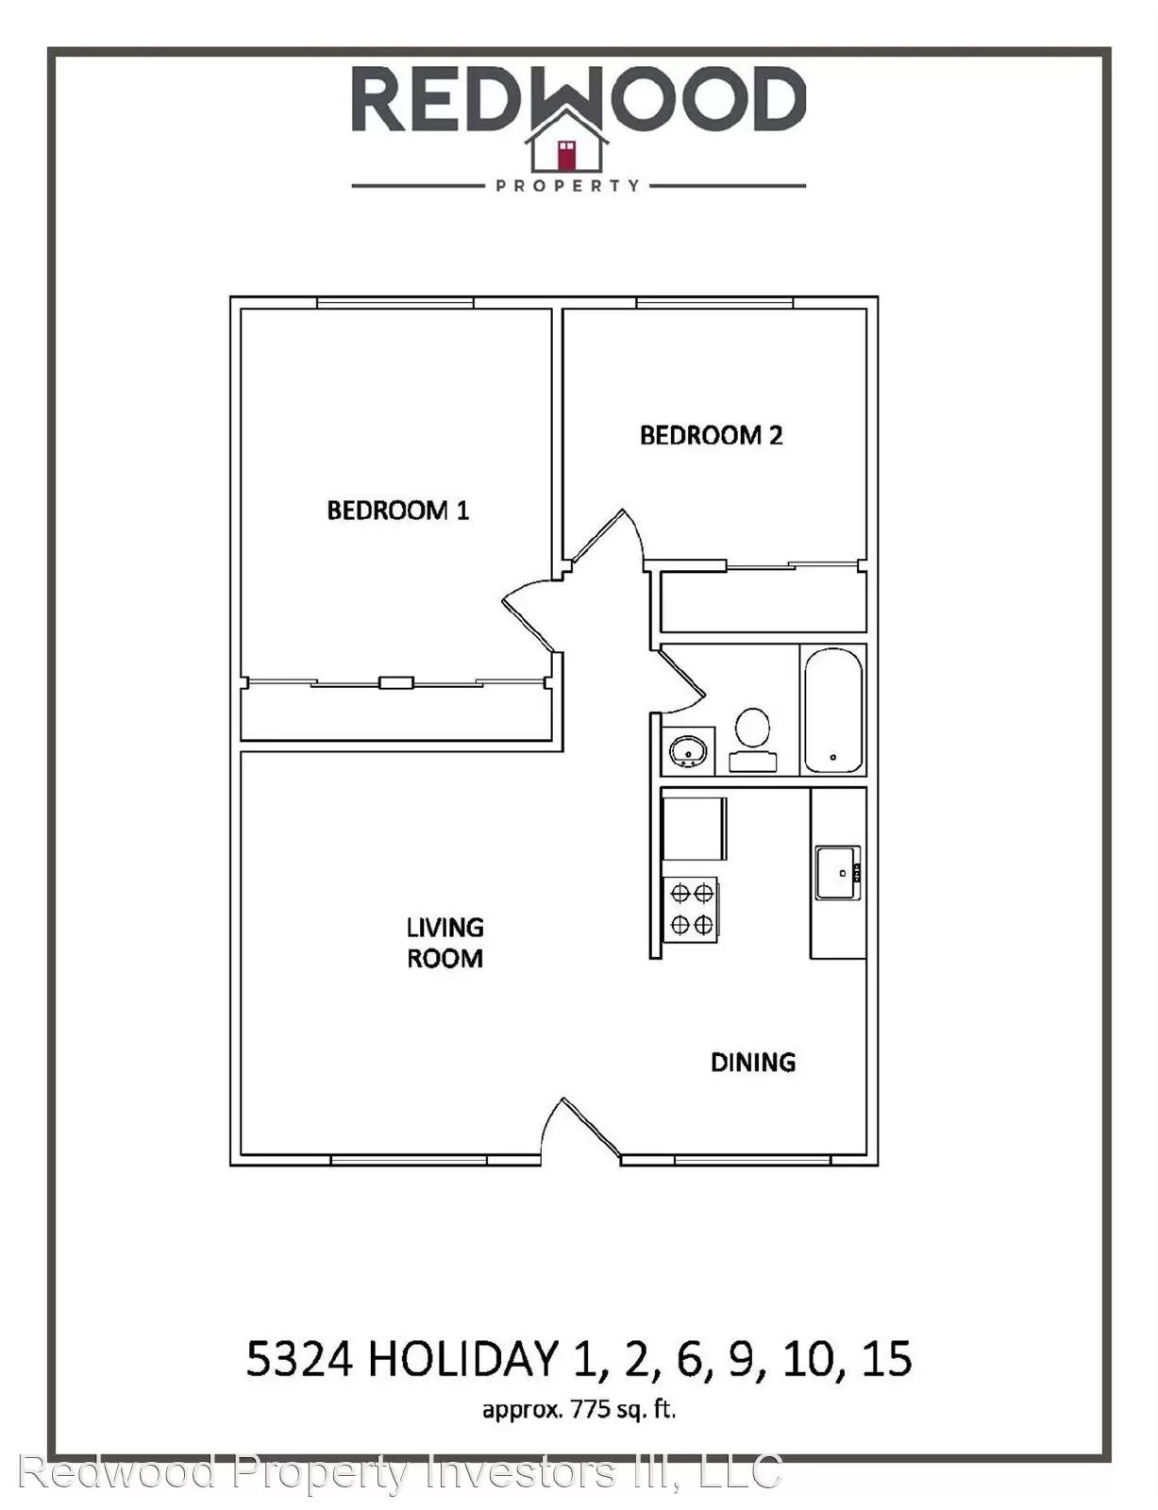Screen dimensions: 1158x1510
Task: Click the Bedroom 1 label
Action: tap(397, 511)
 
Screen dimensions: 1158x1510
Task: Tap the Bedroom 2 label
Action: tap(711, 436)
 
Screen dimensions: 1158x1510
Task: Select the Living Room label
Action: tap(445, 942)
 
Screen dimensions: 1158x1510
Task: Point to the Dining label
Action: tap(753, 1062)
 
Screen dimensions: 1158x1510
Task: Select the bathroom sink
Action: tap(688, 751)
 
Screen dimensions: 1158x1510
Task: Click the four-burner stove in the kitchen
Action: tap(691, 909)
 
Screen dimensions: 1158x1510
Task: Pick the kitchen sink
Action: tap(838, 872)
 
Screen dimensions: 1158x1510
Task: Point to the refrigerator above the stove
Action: tap(695, 829)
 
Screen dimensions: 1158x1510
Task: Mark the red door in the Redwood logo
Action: tap(567, 155)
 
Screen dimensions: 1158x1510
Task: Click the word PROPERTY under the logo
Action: tap(567, 186)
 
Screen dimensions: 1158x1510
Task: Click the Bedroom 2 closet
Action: tap(763, 602)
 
